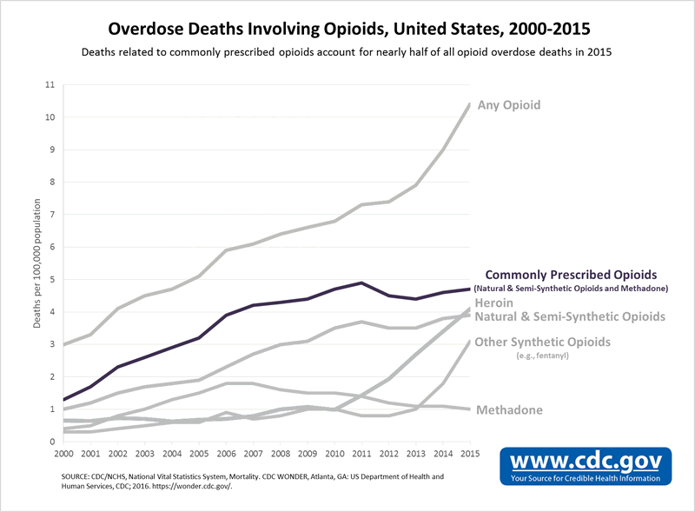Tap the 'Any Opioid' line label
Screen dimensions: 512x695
tap(508, 105)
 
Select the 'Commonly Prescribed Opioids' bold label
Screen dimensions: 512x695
tap(571, 273)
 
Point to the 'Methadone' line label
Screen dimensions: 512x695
tap(510, 410)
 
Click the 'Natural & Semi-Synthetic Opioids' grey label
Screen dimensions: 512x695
tap(570, 316)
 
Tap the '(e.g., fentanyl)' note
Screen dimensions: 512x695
tap(543, 356)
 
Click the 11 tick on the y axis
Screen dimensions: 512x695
tap(49, 85)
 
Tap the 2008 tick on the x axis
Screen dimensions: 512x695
tap(279, 454)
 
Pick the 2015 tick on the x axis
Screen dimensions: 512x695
tap(470, 454)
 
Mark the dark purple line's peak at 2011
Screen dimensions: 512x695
tap(361, 283)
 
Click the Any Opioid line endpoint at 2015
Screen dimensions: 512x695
tap(470, 103)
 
